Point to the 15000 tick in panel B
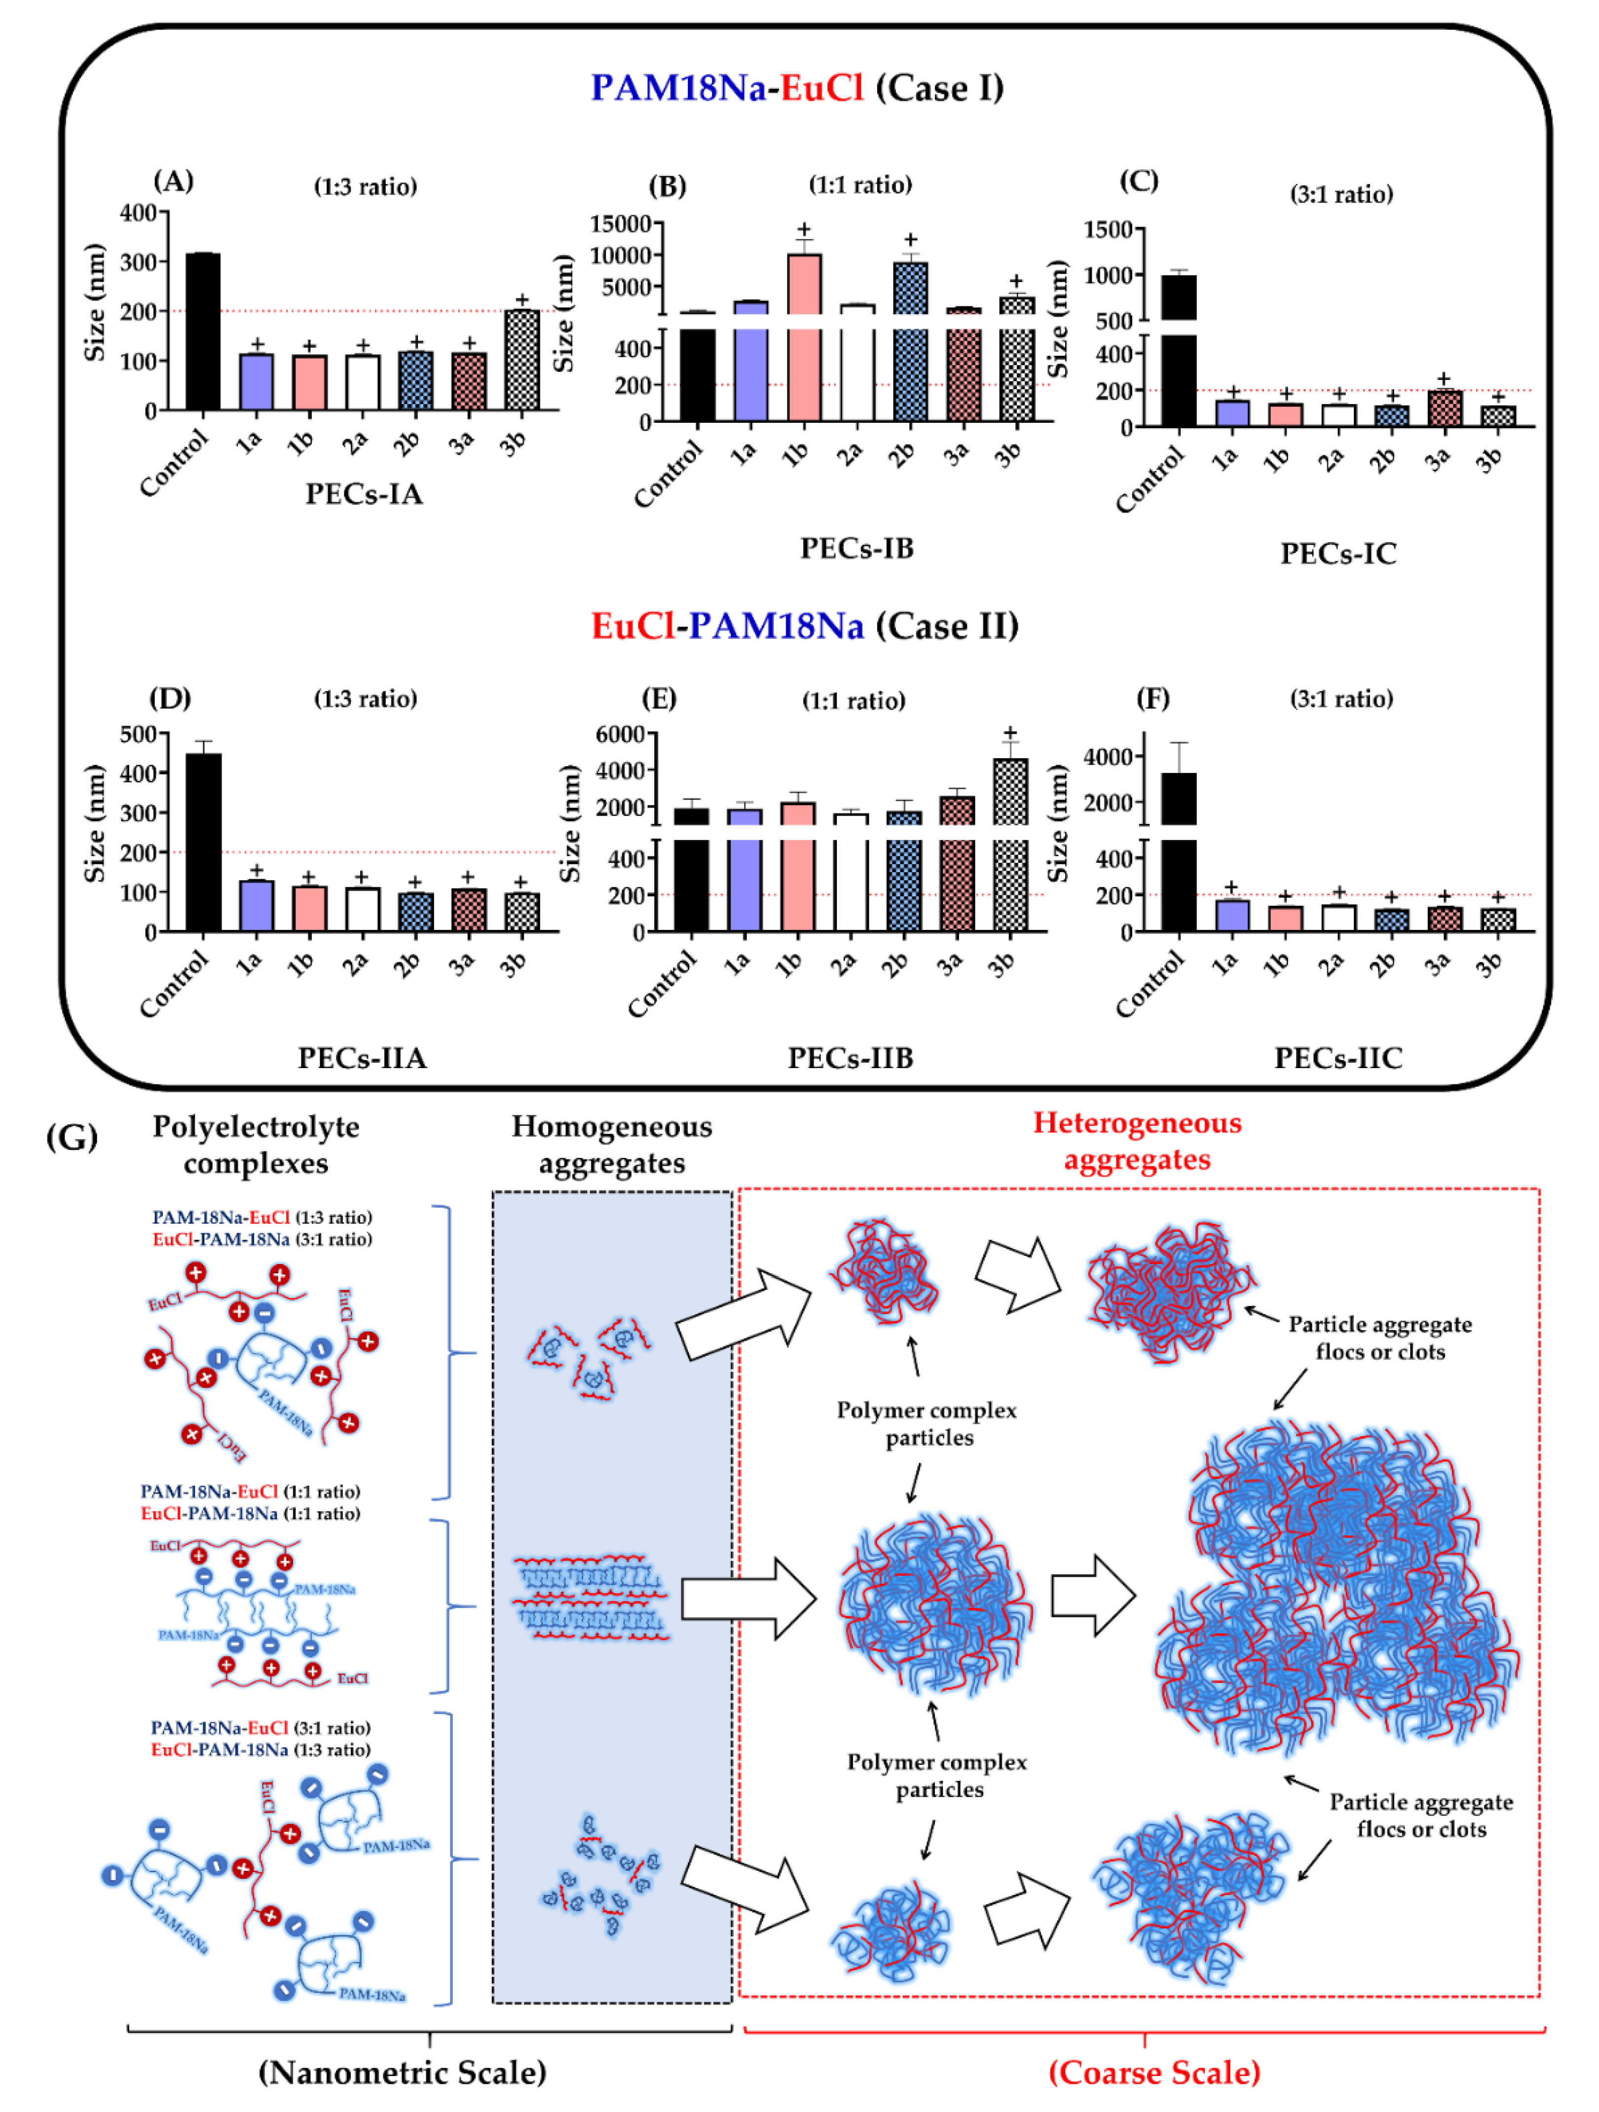621,223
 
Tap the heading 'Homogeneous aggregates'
612,1144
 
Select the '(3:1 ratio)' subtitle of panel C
1341,195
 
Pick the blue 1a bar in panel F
1231,915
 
